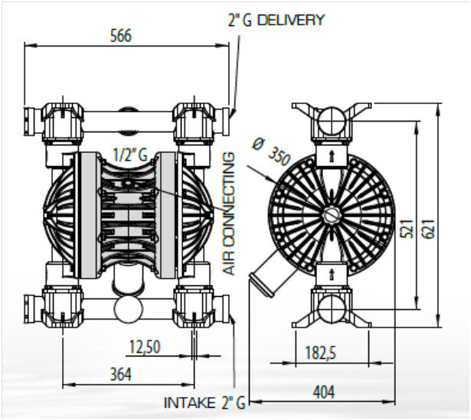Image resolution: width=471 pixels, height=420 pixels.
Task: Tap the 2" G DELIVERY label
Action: pyautogui.click(x=276, y=20)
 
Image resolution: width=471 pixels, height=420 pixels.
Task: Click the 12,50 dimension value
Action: pyautogui.click(x=144, y=347)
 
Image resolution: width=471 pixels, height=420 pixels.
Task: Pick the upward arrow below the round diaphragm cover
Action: pyautogui.click(x=331, y=272)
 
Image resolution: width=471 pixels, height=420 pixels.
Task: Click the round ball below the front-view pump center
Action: pyautogui.click(x=128, y=310)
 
